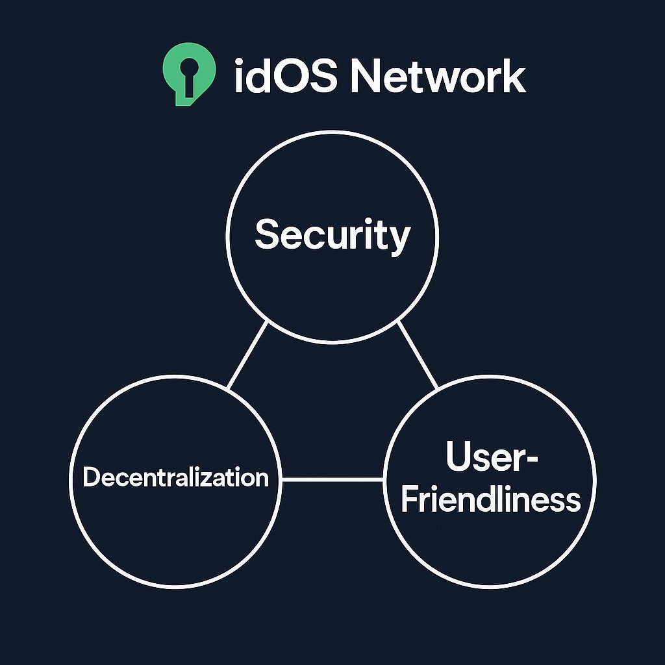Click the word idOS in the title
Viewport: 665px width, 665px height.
pyautogui.click(x=284, y=77)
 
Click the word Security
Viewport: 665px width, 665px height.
pyautogui.click(x=332, y=235)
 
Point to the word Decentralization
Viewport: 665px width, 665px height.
pyautogui.click(x=175, y=478)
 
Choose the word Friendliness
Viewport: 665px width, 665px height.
pyautogui.click(x=490, y=500)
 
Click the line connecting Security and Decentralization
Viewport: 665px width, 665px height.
pyautogui.click(x=247, y=355)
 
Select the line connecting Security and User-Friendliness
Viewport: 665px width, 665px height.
pyautogui.click(x=417, y=355)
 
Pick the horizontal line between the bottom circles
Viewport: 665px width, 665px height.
pyautogui.click(x=332, y=480)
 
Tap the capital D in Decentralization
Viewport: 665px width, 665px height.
pyautogui.click(x=90, y=478)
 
